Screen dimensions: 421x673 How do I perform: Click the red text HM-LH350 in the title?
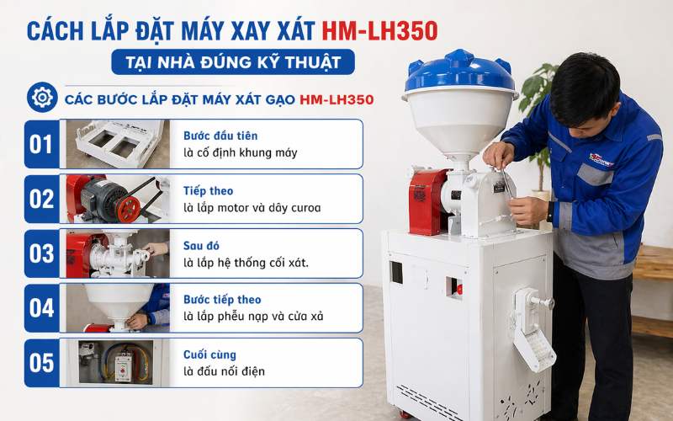point(379,30)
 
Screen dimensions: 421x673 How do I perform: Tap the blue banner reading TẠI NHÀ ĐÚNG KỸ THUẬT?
point(233,63)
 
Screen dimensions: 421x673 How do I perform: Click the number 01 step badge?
point(41,144)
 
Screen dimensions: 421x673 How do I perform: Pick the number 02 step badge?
point(41,199)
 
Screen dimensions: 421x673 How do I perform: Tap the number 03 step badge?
point(41,253)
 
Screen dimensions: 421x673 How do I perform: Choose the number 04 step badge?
point(41,308)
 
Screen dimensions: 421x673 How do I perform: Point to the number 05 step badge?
point(41,363)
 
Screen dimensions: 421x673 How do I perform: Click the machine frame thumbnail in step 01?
point(115,144)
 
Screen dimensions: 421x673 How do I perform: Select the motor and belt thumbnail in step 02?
point(115,199)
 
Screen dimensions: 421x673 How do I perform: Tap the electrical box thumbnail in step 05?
point(115,363)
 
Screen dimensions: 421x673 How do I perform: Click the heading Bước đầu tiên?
point(220,136)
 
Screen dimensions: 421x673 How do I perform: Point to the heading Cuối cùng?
point(209,354)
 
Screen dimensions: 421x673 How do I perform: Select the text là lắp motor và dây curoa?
point(252,207)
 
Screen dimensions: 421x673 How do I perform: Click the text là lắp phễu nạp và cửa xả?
point(253,317)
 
